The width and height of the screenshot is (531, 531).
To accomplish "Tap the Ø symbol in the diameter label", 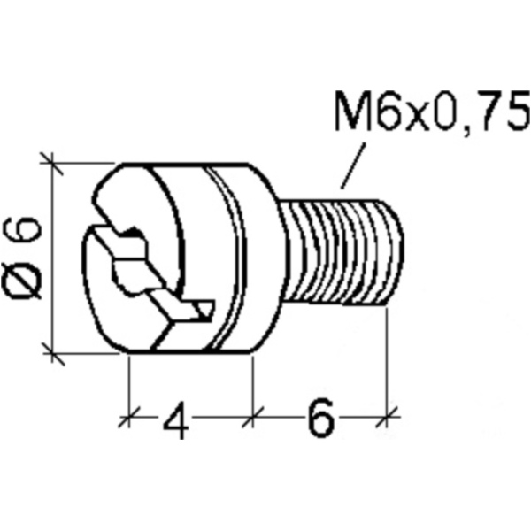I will tap(26, 282).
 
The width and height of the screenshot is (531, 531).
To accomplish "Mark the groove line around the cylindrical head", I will tap(232, 257).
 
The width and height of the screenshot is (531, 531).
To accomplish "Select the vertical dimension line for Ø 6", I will tap(52, 257).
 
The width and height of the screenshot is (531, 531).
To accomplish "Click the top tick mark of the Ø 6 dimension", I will tap(52, 163).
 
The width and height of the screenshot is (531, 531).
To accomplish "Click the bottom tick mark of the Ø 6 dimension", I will tap(52, 354).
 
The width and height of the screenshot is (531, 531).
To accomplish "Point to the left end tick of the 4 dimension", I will tap(130, 412).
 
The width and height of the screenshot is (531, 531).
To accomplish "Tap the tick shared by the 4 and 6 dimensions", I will tap(253, 412).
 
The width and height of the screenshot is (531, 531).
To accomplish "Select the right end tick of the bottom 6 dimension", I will tap(389, 412).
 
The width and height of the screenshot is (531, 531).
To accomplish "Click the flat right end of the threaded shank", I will tap(398, 252).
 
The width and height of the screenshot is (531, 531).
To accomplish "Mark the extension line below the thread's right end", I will tap(389, 354).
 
